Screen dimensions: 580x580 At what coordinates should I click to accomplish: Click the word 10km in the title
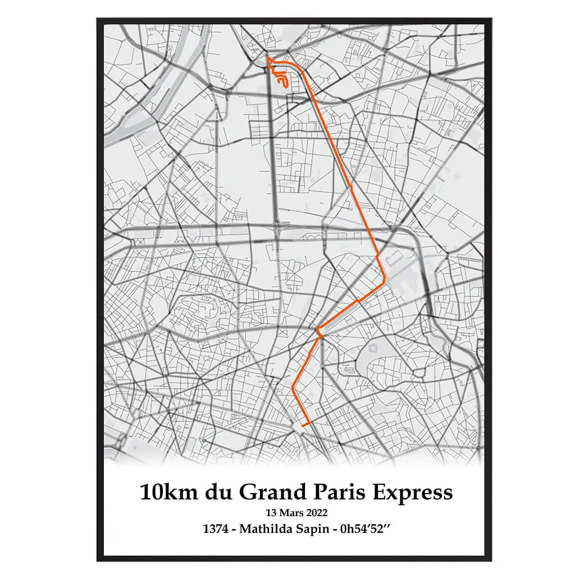(168, 492)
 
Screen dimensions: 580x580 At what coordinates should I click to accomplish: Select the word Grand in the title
(270, 492)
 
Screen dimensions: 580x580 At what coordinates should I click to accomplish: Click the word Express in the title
(414, 492)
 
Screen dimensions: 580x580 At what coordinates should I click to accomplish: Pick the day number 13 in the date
(270, 513)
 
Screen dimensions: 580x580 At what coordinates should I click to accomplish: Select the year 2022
(316, 513)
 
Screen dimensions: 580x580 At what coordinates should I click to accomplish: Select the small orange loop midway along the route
(318, 332)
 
